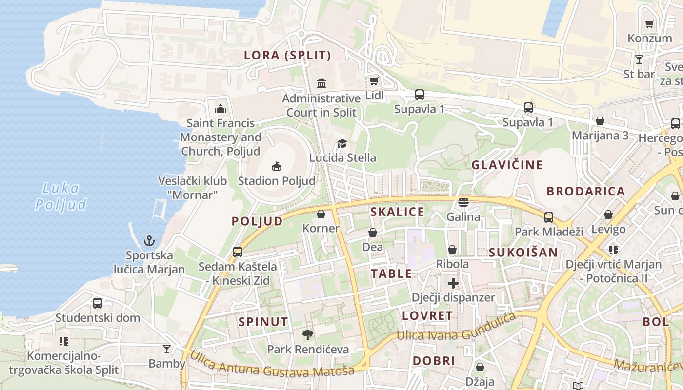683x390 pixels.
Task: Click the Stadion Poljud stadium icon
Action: pos(277,167)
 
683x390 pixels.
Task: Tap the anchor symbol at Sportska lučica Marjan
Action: pos(149,241)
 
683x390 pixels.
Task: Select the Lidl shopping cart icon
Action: pos(374,81)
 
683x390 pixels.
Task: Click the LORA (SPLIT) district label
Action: pos(287,56)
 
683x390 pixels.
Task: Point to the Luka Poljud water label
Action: pos(61,196)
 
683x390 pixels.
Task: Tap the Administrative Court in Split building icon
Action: pos(321,84)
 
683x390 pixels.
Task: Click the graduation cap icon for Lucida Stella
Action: pos(342,144)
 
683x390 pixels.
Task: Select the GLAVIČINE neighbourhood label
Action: pos(507,165)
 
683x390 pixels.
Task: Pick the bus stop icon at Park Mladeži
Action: pos(549,217)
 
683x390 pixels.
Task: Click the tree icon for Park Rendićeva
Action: pos(308,335)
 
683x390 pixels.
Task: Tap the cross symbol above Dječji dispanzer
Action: pos(453,283)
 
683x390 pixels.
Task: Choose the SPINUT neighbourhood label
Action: pos(263,322)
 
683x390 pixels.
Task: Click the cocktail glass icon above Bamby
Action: pos(167,349)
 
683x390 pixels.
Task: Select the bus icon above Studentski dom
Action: pos(98,303)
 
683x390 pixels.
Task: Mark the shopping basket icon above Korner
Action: pos(321,214)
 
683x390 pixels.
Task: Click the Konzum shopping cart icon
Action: pos(649,24)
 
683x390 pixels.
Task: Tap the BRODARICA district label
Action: pos(585,191)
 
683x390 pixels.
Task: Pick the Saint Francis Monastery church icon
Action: pos(221,109)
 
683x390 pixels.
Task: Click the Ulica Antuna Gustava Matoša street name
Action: pos(272,365)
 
